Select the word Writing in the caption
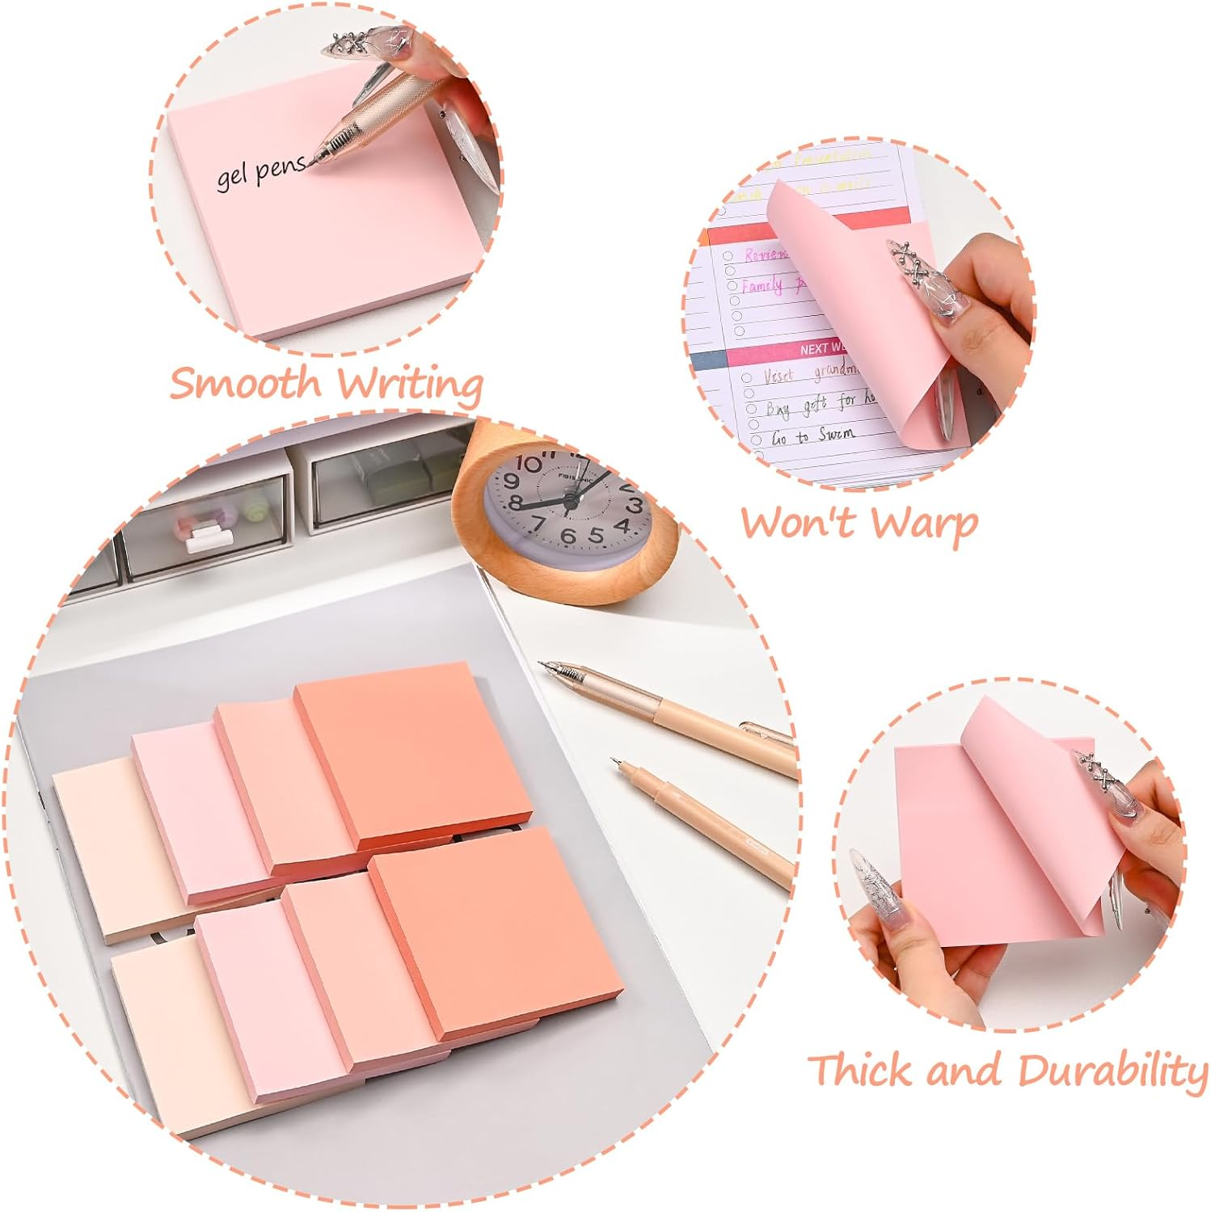(x=411, y=384)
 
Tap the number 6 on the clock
(x=568, y=537)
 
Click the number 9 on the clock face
(x=511, y=482)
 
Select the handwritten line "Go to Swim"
(x=812, y=436)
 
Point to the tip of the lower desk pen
(x=615, y=760)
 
